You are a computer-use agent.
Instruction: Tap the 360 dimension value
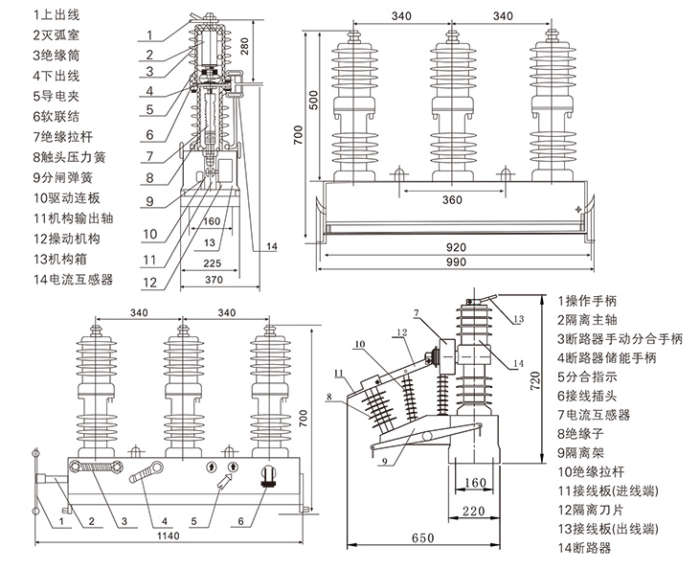pos(453,201)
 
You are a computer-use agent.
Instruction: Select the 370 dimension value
pos(214,280)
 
